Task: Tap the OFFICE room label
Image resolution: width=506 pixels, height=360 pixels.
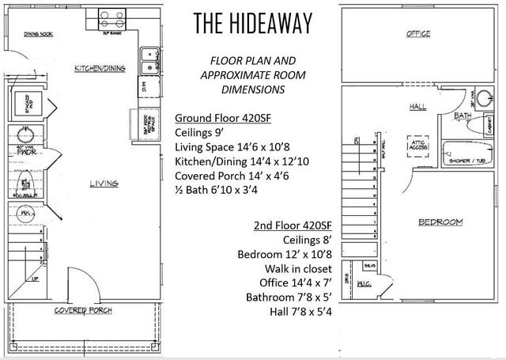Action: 418,35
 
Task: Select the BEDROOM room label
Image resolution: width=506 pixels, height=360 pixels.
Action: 440,222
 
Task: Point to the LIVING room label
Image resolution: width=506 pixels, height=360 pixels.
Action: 104,184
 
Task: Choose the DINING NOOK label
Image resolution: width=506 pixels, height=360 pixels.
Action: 38,34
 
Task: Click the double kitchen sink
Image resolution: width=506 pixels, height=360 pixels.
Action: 149,60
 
